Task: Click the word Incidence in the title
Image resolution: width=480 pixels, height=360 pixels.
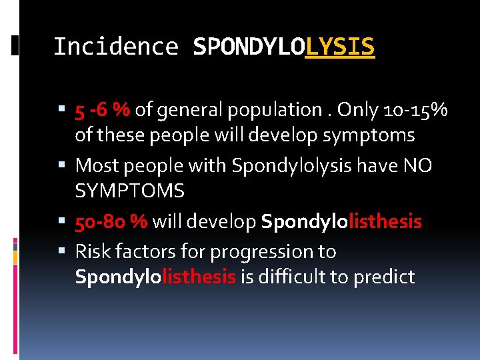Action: (115, 47)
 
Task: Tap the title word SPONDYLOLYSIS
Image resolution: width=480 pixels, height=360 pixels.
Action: (283, 47)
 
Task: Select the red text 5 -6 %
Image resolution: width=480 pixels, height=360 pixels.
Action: (103, 109)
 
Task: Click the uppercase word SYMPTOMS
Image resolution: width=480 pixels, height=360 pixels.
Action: (129, 192)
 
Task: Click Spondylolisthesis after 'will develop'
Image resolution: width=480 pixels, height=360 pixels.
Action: (341, 221)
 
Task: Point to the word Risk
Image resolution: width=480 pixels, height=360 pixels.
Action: (92, 251)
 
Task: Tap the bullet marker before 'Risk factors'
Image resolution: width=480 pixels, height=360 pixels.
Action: (62, 251)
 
